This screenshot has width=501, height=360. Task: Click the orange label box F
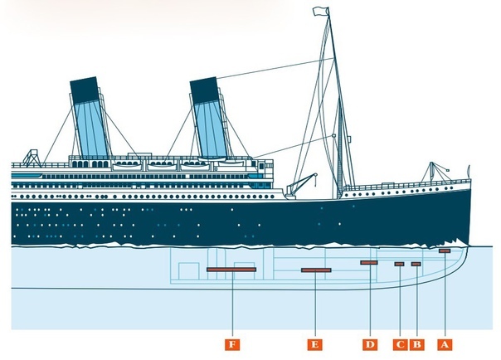tap(234, 342)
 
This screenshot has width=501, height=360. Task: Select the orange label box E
tap(316, 342)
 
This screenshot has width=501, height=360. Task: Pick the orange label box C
tap(400, 342)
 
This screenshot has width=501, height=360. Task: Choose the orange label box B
tap(417, 342)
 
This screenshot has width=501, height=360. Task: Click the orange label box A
tap(445, 342)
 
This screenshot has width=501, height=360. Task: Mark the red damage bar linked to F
tap(231, 270)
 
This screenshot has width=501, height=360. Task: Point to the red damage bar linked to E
tap(316, 270)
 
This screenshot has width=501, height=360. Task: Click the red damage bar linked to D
tap(369, 263)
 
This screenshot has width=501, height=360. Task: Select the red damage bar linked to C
tap(399, 264)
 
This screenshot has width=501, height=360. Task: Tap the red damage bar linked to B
tap(416, 264)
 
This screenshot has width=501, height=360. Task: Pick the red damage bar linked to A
tap(445, 251)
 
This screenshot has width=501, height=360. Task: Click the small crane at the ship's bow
tap(434, 172)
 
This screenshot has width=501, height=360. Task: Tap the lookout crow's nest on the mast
tap(333, 135)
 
